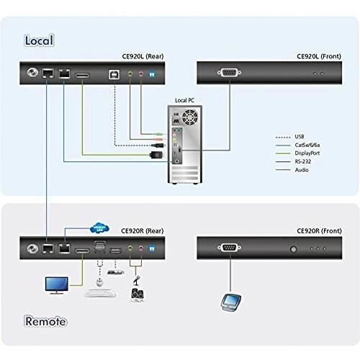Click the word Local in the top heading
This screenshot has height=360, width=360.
pos(39,40)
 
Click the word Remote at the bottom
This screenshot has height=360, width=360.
pos(45,321)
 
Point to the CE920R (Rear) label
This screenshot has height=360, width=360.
pos(147,230)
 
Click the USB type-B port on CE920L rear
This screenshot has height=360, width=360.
pos(114,73)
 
